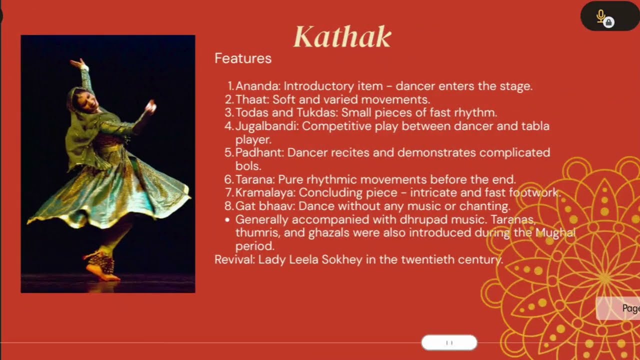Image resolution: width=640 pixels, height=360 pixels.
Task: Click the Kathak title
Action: pos(342,37)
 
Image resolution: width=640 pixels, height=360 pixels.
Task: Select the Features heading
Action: pos(243,58)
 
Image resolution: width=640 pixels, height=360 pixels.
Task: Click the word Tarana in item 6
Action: pos(254,179)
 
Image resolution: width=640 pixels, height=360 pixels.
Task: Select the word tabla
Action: pos(534,126)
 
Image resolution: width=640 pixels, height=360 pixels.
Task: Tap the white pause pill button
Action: pos(449,342)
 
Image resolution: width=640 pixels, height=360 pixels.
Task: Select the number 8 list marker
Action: pos(228,206)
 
